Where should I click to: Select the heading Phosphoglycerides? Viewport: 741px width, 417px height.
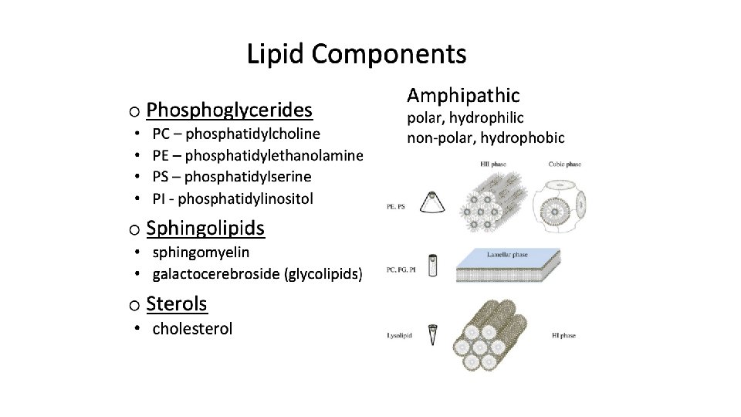pos(229,110)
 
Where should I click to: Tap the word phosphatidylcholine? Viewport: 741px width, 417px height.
pos(253,134)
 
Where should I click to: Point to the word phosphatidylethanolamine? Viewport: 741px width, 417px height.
pos(274,155)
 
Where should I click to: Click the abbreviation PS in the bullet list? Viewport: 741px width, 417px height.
pos(161,177)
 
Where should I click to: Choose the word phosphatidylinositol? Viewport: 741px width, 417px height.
pos(245,198)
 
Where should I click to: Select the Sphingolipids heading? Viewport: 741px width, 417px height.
pos(205,229)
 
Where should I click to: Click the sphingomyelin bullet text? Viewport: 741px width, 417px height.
pos(201,252)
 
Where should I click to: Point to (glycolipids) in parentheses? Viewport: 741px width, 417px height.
pos(323,273)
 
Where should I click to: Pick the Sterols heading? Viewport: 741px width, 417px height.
pos(177,303)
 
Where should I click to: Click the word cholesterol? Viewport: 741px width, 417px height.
pos(192,329)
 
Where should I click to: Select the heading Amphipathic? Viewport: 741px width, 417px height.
pos(463,96)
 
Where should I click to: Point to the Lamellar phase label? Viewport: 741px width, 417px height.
pos(507,255)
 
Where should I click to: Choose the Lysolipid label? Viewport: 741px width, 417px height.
pos(401,335)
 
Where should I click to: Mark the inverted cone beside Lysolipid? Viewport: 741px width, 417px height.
pos(435,333)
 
